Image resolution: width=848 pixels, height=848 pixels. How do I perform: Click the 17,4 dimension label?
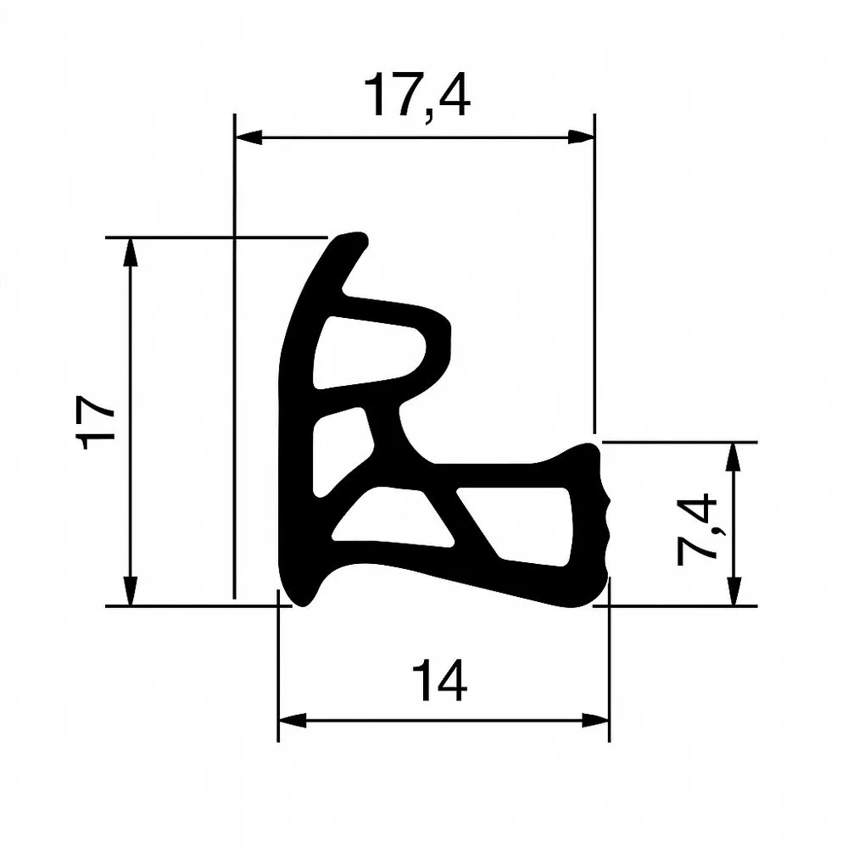(x=416, y=95)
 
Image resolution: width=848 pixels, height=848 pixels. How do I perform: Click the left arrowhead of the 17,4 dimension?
(x=246, y=137)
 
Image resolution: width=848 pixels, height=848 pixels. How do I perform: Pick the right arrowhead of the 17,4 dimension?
(x=582, y=137)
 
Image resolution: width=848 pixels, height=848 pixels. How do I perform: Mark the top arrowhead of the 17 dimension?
(x=130, y=250)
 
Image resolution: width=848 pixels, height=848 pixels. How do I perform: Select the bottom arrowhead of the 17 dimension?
(x=130, y=593)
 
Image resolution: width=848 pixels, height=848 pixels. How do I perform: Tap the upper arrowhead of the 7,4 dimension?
(x=734, y=455)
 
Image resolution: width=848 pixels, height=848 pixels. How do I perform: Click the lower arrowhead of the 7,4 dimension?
(x=734, y=593)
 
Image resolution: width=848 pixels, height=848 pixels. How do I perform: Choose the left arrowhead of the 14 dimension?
(x=291, y=721)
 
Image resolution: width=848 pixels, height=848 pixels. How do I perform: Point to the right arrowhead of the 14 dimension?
(x=597, y=721)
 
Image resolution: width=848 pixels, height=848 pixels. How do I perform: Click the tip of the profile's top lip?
(x=356, y=243)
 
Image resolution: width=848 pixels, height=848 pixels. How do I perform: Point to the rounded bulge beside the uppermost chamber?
(x=444, y=348)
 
